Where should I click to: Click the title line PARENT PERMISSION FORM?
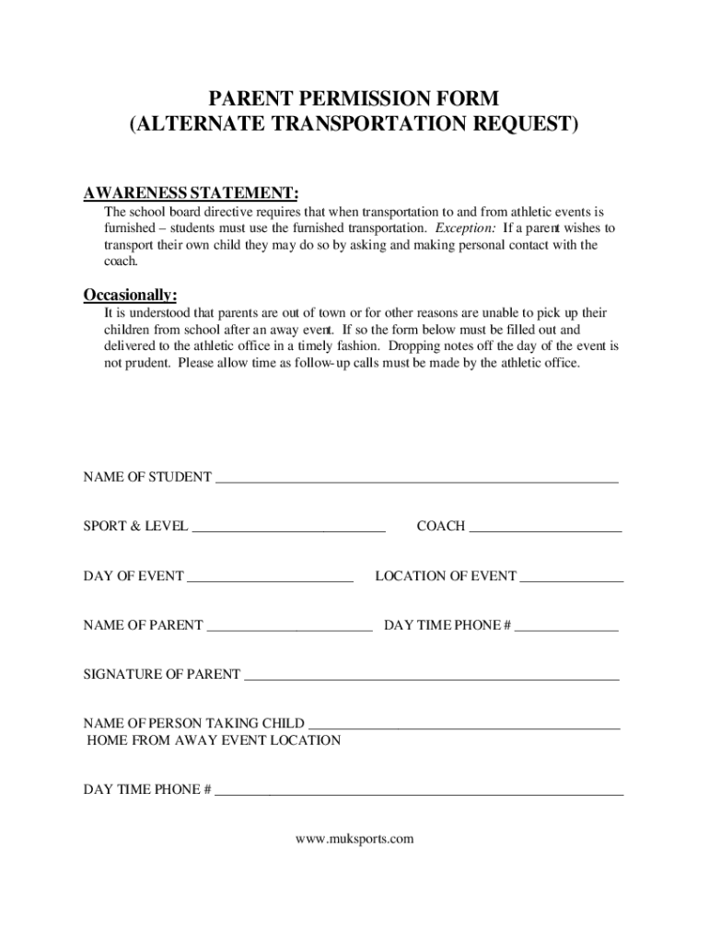pyautogui.click(x=354, y=99)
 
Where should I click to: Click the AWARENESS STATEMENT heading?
pyautogui.click(x=191, y=192)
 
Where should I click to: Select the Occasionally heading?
pyautogui.click(x=130, y=295)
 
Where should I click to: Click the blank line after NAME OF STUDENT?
pyautogui.click(x=415, y=479)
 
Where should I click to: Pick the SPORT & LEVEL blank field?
pyautogui.click(x=288, y=529)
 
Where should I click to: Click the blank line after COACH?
pyautogui.click(x=545, y=529)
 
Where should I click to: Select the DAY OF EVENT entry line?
pyautogui.click(x=270, y=578)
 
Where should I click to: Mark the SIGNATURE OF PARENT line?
pyautogui.click(x=431, y=677)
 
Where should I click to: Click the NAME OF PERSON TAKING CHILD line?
pyautogui.click(x=464, y=726)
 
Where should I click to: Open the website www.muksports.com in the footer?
pyautogui.click(x=354, y=839)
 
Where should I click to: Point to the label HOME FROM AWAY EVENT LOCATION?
pyautogui.click(x=213, y=740)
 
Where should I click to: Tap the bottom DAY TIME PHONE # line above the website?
pyautogui.click(x=419, y=791)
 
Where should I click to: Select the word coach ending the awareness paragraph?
pyautogui.click(x=120, y=262)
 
